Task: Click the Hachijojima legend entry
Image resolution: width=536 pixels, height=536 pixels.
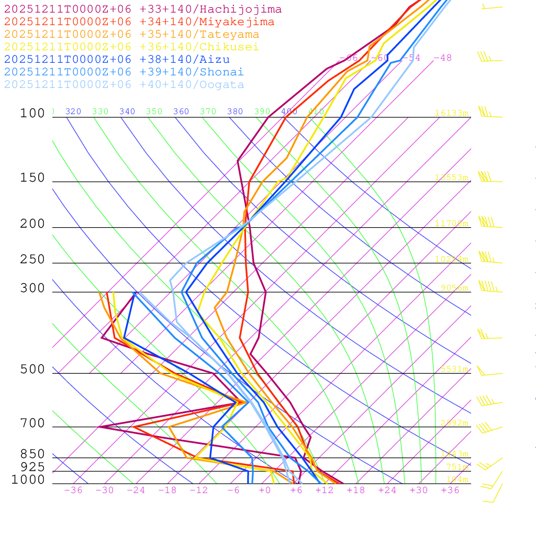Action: click(142, 9)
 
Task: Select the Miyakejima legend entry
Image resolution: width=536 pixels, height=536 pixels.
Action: click(139, 22)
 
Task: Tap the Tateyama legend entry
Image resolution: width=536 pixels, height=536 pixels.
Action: click(131, 35)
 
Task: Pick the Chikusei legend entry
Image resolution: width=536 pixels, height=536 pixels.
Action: click(131, 47)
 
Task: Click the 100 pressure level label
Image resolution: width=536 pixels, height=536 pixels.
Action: click(32, 114)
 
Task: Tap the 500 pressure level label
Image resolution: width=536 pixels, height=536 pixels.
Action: click(32, 370)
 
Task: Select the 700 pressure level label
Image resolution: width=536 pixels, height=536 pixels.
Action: click(32, 423)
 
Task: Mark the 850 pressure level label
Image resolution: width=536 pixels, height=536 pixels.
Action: click(32, 454)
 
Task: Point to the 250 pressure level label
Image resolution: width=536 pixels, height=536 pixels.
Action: click(32, 260)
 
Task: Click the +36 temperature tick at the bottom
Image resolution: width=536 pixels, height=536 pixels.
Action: click(450, 490)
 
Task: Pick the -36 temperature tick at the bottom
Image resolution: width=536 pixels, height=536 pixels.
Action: click(73, 490)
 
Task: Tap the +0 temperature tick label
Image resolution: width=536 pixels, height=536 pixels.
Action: click(265, 490)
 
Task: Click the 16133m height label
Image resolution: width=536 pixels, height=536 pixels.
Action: click(451, 113)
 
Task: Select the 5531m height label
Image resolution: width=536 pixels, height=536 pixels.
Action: click(454, 369)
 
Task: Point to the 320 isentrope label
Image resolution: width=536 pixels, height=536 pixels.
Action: click(73, 111)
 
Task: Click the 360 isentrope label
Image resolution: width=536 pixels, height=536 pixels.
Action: click(181, 111)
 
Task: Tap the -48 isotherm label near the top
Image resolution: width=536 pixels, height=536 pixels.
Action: click(442, 58)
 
